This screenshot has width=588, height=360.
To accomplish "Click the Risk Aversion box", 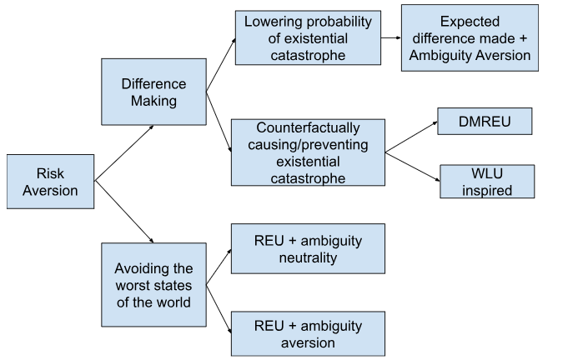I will pyautogui.click(x=50, y=181).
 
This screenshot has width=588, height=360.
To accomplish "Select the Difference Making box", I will pyautogui.click(x=153, y=92).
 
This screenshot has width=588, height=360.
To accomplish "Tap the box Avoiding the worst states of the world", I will pyautogui.click(x=153, y=284).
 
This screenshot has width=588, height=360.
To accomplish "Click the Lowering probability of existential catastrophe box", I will pyautogui.click(x=308, y=37).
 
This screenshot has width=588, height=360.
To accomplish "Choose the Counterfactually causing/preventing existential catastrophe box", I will pyautogui.click(x=308, y=152).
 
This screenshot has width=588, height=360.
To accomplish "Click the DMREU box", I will pyautogui.click(x=485, y=121).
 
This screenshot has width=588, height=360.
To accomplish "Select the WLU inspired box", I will pyautogui.click(x=487, y=181).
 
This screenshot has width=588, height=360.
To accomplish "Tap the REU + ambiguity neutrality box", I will pyautogui.click(x=308, y=248).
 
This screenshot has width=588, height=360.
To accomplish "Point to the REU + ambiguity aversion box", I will pyautogui.click(x=308, y=333).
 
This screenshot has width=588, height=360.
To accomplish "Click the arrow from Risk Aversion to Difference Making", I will pyautogui.click(x=124, y=152).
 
